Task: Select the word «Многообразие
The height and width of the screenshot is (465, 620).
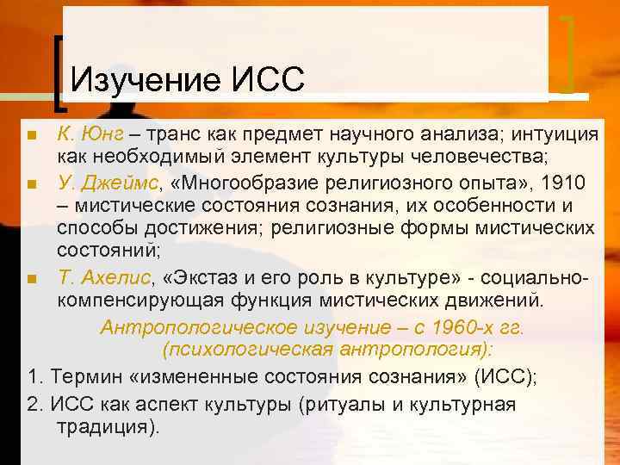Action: pyautogui.click(x=223, y=183)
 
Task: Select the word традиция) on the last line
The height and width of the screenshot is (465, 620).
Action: pyautogui.click(x=108, y=427)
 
